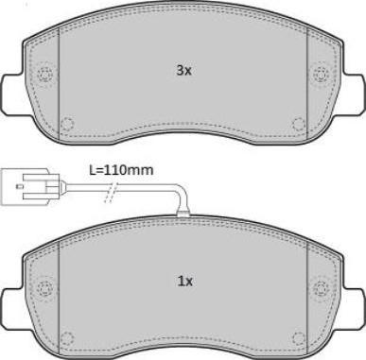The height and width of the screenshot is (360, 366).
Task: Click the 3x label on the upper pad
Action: (x=183, y=71)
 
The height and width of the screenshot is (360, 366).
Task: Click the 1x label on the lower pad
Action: (x=185, y=282)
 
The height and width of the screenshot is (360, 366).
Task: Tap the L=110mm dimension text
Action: (x=121, y=170)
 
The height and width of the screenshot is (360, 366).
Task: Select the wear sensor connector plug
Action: (x=30, y=186)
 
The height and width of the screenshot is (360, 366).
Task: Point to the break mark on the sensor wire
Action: (x=111, y=192)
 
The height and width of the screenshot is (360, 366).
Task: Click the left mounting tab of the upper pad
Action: (x=12, y=93)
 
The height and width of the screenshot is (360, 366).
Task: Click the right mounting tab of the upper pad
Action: (x=354, y=93)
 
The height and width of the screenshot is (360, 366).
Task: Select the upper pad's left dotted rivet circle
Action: (x=44, y=76)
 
